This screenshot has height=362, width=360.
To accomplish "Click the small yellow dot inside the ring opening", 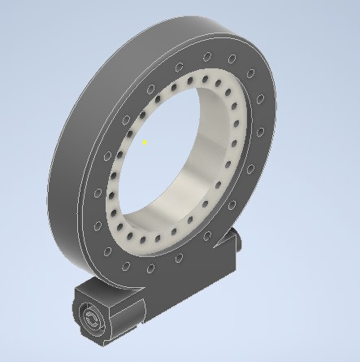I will tap(145, 142).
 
